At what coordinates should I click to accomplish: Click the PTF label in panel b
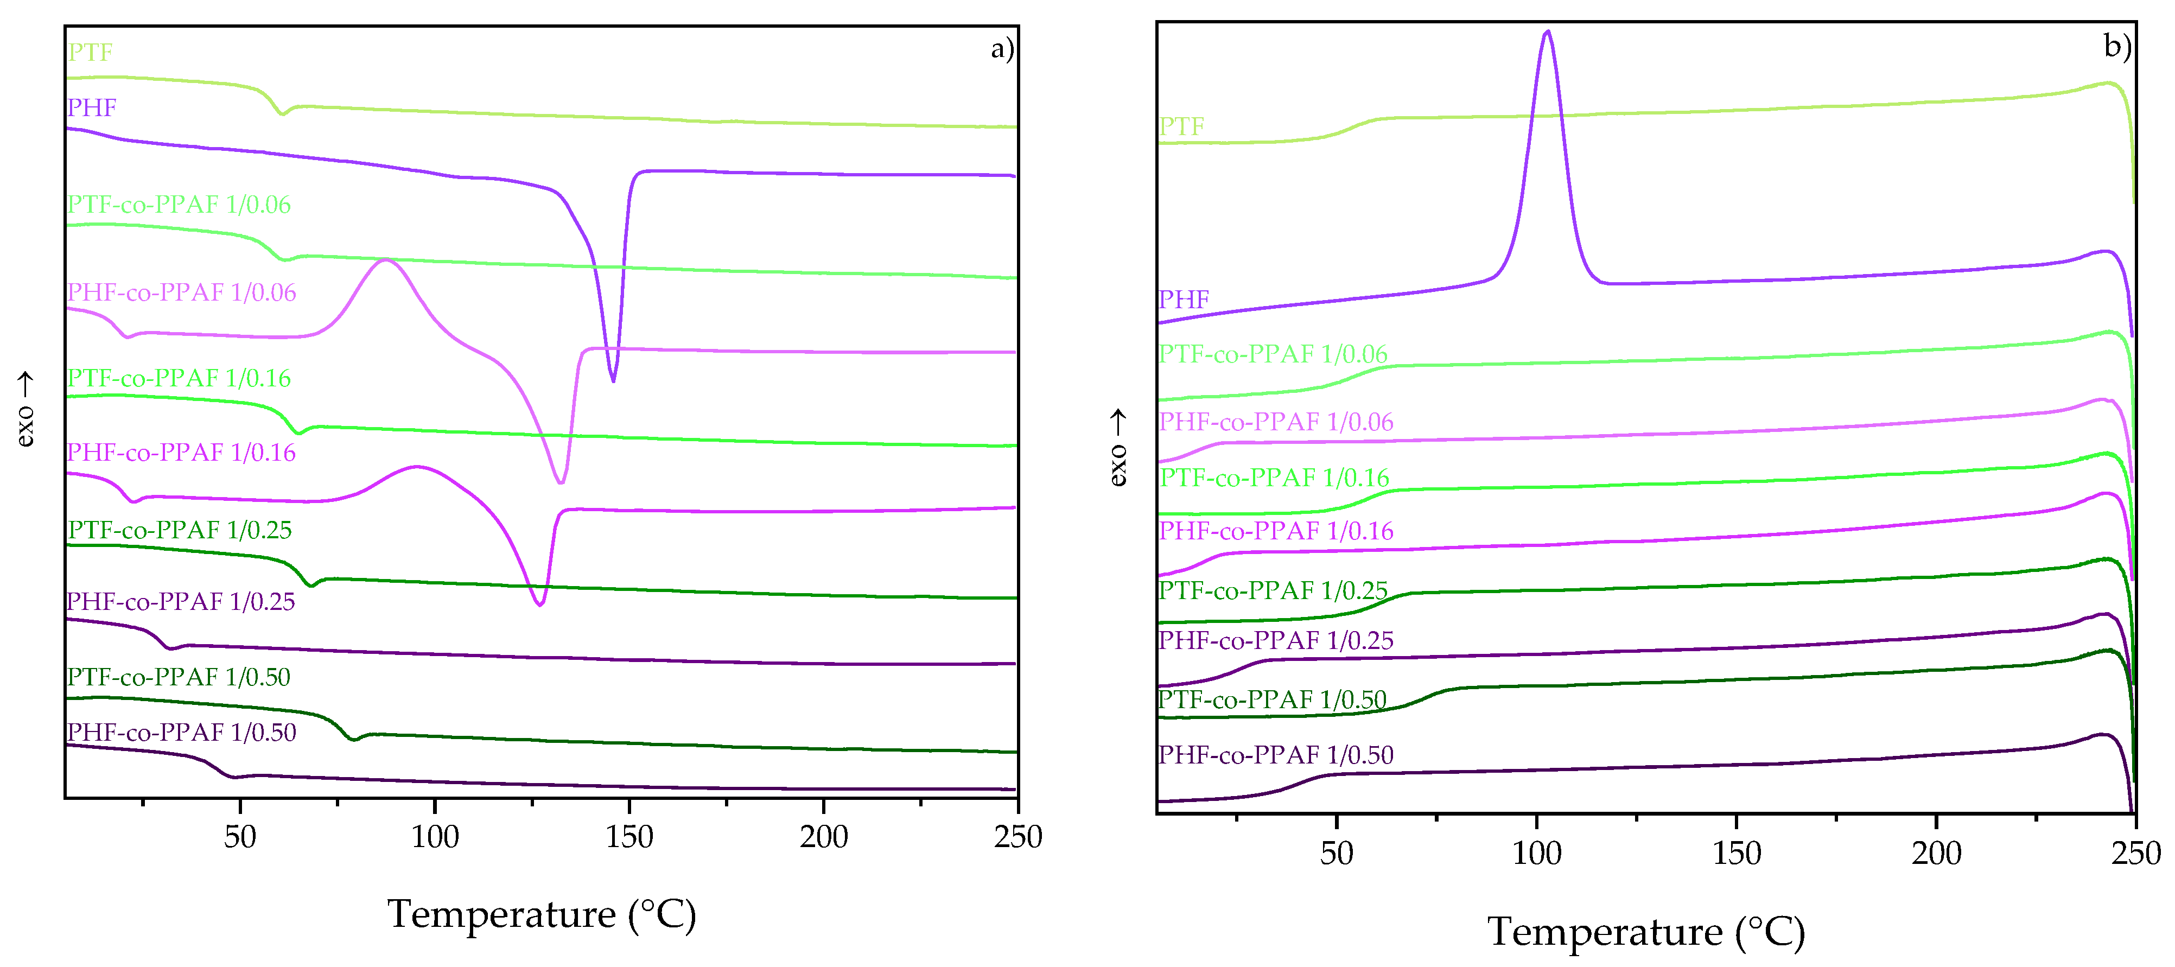[1181, 126]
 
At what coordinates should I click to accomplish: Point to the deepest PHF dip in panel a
[613, 380]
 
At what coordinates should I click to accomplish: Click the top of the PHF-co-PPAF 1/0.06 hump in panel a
[387, 260]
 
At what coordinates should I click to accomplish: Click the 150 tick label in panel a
[629, 837]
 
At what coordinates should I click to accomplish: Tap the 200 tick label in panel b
[1936, 853]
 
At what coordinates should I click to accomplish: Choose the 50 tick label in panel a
[240, 837]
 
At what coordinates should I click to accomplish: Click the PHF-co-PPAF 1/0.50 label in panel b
[1275, 755]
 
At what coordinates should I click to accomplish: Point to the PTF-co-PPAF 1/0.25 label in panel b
[1273, 590]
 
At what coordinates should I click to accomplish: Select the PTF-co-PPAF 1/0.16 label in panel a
[179, 378]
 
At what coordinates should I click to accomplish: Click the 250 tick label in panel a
[1017, 837]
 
